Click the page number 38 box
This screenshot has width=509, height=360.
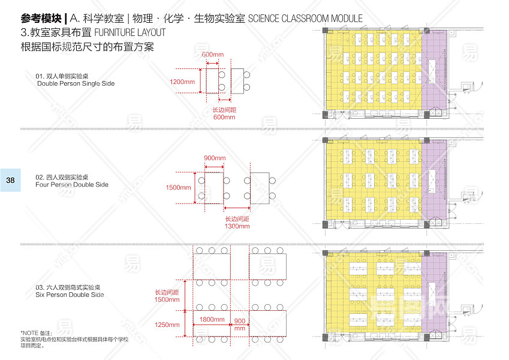pos(11,180)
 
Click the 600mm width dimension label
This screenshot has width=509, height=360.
pos(210,55)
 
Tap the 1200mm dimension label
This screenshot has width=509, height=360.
pos(182,82)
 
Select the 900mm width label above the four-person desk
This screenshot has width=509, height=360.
pos(215,158)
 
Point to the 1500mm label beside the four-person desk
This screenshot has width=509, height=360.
pos(178,188)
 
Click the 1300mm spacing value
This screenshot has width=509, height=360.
pos(237,227)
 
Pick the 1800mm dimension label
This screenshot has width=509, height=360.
pos(212,320)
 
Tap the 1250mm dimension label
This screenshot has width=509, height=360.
pos(166,325)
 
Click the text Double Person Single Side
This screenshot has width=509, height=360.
pos(76,83)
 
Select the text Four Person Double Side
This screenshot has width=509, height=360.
pos(72,185)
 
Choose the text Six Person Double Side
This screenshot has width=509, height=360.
pos(70,295)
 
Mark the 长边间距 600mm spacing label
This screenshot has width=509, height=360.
pos(225,113)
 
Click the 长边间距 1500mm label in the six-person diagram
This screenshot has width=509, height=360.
pos(167,296)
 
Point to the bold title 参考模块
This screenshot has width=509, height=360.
pos(40,18)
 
